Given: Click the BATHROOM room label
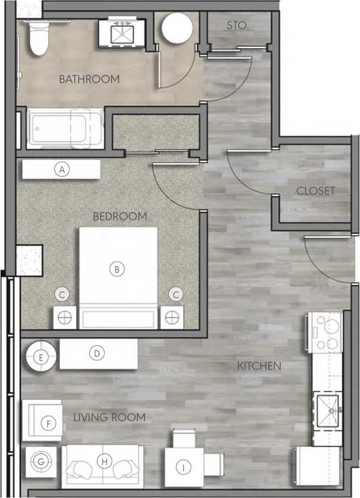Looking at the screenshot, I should point(89,78).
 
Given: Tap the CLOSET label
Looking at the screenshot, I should point(315,191).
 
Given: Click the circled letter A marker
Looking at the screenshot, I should point(61,169).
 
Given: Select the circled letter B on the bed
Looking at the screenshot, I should point(117,269).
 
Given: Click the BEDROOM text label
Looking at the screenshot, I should point(119,217).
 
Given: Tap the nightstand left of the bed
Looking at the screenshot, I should point(66,317).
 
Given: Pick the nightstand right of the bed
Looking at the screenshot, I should point(172,317).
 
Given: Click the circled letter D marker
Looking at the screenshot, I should point(96,354).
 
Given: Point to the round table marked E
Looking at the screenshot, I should point(40,357).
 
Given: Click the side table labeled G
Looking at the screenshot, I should point(41,461).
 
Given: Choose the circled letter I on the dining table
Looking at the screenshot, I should point(184,468).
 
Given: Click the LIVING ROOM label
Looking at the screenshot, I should point(109,417).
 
